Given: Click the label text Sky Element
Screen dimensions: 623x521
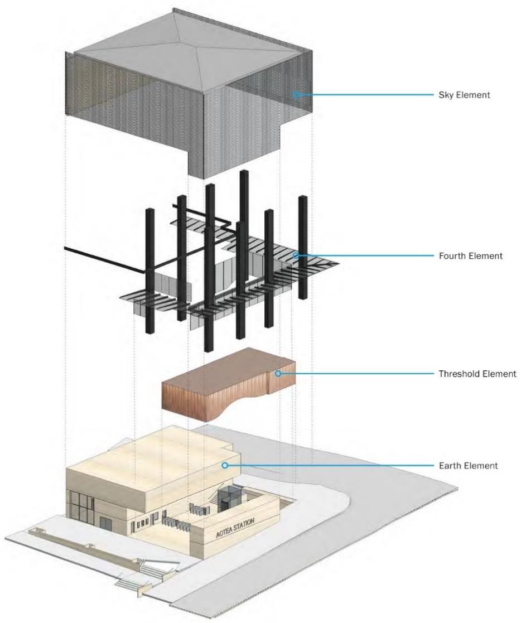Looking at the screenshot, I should [464, 95].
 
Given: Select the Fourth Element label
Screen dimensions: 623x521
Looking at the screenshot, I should [471, 256].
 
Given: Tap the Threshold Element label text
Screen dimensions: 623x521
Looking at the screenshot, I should [477, 374].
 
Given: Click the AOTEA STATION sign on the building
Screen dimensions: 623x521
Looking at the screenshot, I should [235, 528].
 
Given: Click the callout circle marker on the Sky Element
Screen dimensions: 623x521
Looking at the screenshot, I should [296, 95].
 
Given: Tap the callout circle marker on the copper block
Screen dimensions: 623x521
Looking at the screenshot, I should [277, 374].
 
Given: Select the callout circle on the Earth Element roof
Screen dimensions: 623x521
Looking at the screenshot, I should [225, 465].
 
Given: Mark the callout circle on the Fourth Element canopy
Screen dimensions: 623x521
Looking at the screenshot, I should [296, 256].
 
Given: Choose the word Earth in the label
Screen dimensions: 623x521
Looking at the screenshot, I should [450, 465].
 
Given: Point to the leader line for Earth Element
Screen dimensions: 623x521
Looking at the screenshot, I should [329, 465].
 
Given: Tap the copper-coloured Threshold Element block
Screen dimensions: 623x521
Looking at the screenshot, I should [223, 385].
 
